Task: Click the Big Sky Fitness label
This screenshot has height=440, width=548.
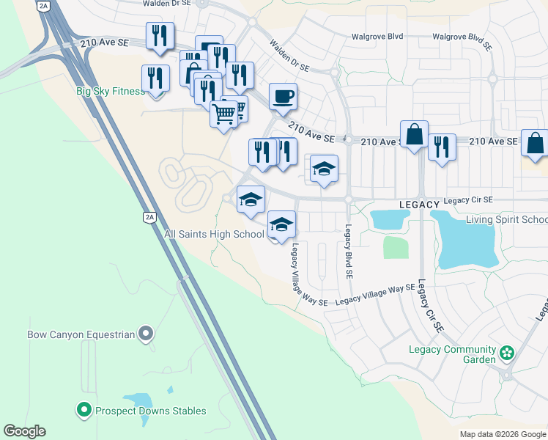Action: coord(111,92)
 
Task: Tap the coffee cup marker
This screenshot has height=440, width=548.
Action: coord(284,96)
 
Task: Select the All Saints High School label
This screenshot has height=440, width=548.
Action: coord(214,234)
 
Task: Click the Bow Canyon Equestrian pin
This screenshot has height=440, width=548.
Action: coord(147,334)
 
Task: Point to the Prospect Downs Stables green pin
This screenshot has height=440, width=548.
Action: coord(84,410)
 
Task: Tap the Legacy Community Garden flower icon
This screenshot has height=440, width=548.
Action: coord(506,354)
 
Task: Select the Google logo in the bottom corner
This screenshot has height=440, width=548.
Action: coord(24,431)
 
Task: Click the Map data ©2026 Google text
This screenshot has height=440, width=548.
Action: coord(503,434)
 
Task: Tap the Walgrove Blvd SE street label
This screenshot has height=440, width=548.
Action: coord(462,36)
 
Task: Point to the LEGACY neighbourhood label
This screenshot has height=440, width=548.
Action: coord(419,203)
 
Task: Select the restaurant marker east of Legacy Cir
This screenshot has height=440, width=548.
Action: coord(442,146)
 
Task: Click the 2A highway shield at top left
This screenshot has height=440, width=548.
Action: coord(43,6)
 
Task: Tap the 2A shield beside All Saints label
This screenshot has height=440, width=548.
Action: coord(149,216)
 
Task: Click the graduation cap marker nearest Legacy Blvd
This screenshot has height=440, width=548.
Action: coord(324,169)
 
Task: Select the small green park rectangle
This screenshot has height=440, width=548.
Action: coord(396,247)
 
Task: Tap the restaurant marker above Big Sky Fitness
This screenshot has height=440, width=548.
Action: coord(160,35)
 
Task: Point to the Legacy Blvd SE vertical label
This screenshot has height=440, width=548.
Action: coord(349,251)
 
